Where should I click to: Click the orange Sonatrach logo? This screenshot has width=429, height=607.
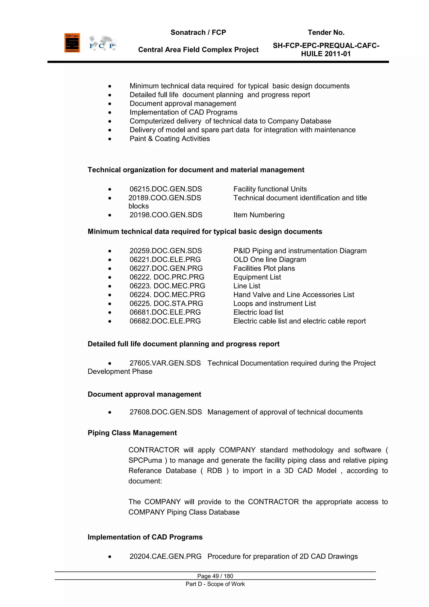tap(72, 43)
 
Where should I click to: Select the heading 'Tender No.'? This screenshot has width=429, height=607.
tap(326, 32)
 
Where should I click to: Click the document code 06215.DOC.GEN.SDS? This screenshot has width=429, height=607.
tap(166, 189)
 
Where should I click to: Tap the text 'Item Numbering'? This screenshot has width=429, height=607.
tap(259, 215)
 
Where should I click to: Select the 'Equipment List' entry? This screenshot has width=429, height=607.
tap(257, 277)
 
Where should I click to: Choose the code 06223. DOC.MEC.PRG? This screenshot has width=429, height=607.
tap(167, 286)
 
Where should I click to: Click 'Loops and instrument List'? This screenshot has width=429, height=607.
tap(274, 304)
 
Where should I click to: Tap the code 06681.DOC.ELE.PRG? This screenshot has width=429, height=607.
tap(165, 312)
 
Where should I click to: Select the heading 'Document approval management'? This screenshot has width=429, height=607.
tap(144, 394)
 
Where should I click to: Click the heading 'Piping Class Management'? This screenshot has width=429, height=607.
tap(132, 433)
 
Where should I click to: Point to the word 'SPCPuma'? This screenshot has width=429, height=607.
tap(145, 460)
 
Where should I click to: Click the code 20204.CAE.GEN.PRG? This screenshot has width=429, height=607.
tap(165, 556)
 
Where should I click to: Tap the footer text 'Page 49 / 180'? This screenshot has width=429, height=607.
tap(215, 576)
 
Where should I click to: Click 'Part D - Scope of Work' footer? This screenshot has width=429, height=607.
tap(215, 584)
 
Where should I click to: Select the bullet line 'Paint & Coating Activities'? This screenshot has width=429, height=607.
tap(170, 139)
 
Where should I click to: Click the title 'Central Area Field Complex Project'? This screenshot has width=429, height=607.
tap(198, 50)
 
